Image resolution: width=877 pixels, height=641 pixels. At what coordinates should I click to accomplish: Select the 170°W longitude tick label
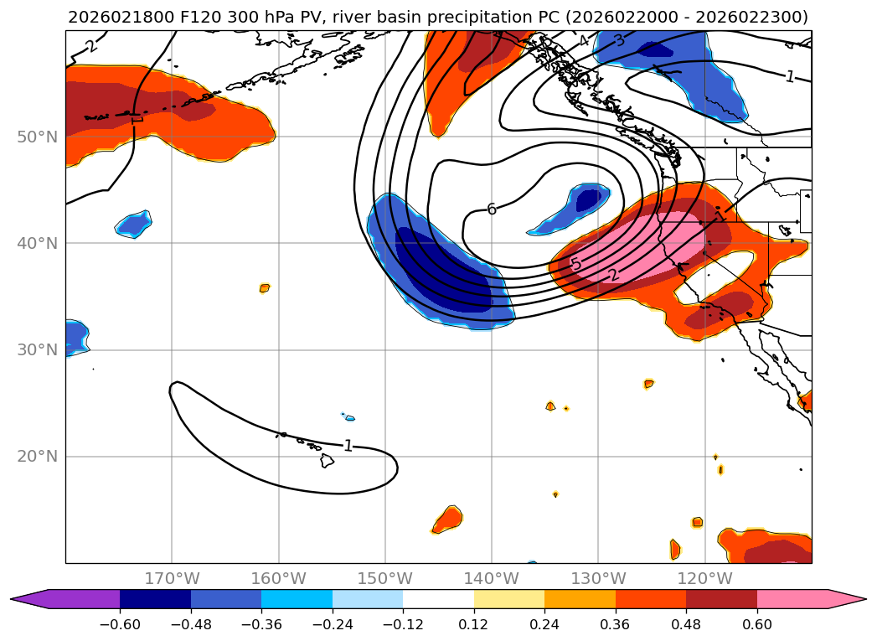point(172,578)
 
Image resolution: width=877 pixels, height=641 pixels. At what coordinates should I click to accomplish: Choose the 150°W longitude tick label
point(384,578)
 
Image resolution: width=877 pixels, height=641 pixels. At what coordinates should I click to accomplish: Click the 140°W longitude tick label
point(491,578)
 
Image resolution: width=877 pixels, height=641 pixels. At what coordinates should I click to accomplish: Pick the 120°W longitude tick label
point(704,578)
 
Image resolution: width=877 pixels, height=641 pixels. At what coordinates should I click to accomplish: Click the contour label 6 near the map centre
point(492,209)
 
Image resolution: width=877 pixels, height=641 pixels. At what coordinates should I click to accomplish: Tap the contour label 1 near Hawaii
point(348,446)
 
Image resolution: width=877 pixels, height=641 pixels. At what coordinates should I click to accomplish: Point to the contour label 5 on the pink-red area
point(575,265)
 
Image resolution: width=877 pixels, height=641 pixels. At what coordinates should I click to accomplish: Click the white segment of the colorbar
point(438,599)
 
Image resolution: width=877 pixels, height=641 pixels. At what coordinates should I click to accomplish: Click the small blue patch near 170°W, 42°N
point(134,224)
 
